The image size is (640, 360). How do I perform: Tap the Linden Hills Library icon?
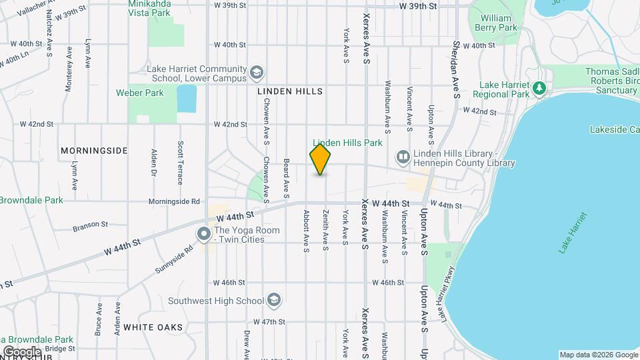tap(403, 157)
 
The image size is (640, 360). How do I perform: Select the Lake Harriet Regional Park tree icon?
tap(540, 88)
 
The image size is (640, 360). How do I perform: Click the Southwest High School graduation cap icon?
tap(273, 301)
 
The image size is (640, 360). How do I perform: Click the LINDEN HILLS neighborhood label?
tap(289, 91)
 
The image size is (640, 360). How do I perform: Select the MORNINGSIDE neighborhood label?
tap(93, 151)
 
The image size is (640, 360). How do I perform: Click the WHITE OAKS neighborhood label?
tap(153, 327)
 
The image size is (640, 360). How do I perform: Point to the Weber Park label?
tap(139, 93)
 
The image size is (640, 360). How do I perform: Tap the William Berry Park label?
tap(495, 23)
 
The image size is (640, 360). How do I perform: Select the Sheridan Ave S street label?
tap(457, 60)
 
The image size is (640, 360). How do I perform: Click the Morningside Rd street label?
tap(174, 201)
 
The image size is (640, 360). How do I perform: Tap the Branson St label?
tap(90, 225)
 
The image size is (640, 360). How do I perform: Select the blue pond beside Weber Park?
tap(187, 99)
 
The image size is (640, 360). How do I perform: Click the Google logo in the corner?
tap(21, 352)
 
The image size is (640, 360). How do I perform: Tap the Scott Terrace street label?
tap(180, 163)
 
